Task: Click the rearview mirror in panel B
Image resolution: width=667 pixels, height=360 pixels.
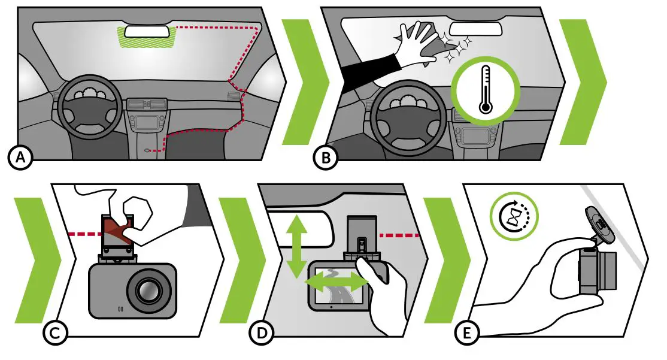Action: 473,28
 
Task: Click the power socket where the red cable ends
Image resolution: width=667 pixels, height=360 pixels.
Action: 147,150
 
